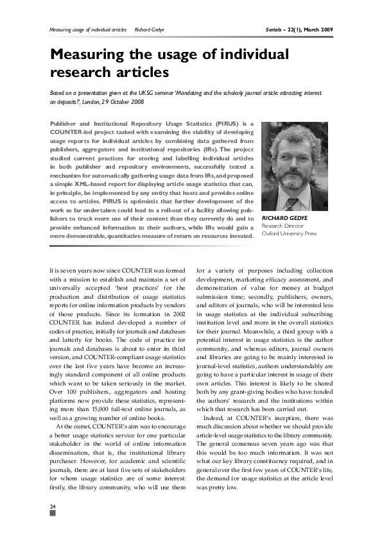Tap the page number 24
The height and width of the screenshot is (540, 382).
[53, 508]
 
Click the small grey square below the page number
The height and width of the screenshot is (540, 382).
[53, 515]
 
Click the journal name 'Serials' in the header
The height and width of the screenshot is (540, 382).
[277, 30]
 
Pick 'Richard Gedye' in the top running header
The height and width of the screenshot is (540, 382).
[150, 30]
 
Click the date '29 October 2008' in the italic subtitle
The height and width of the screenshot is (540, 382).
[121, 102]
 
